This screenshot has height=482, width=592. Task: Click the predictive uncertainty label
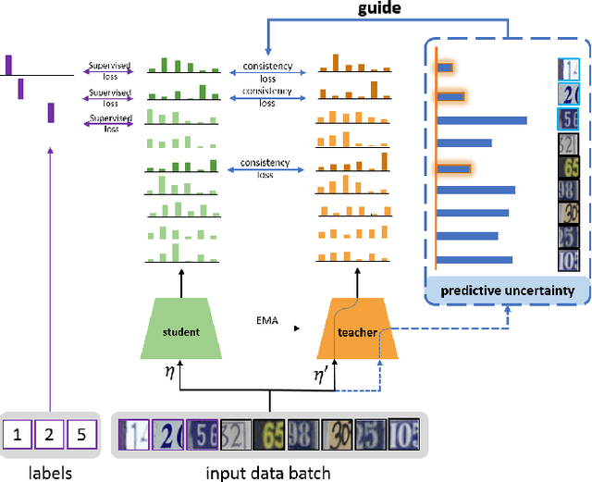pos(507,290)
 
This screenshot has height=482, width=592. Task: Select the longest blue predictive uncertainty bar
pos(482,120)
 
